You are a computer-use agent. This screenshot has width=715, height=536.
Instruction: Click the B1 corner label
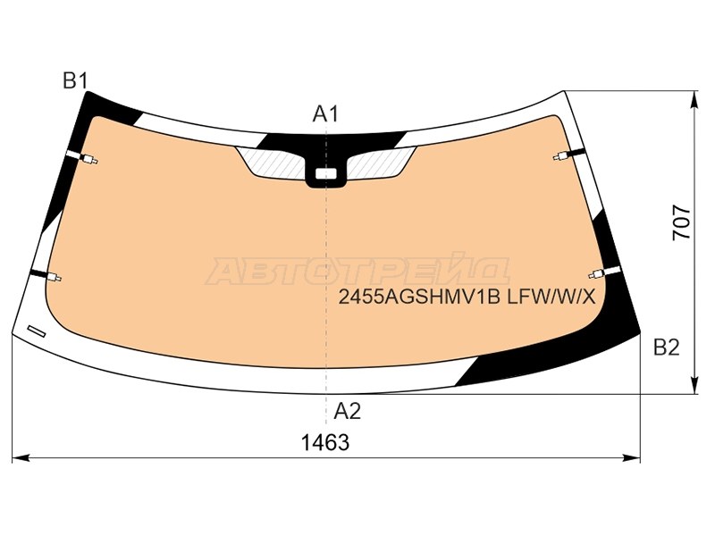tap(75, 80)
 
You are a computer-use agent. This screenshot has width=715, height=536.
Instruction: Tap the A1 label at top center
tap(325, 114)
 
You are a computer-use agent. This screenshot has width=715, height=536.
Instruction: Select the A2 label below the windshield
tap(347, 411)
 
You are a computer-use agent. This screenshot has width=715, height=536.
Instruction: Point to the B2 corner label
tap(666, 348)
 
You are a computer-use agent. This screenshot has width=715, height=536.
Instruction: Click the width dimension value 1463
tap(325, 442)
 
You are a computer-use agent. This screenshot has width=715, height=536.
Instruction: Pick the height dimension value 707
tap(682, 222)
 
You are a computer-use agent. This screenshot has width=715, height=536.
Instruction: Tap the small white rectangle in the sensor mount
tap(325, 173)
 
